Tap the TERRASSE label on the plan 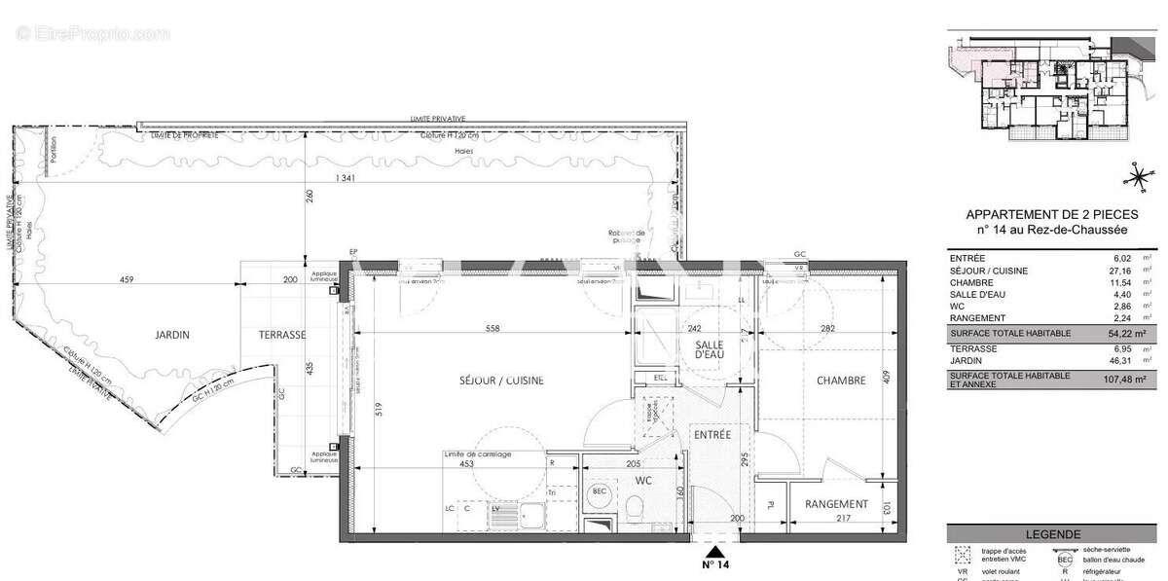click(x=281, y=334)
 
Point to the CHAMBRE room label click(x=841, y=381)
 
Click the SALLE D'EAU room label click(x=713, y=352)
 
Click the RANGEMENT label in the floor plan click(x=836, y=504)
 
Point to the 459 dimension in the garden click(x=121, y=280)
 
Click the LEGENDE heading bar click(x=1052, y=534)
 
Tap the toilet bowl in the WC click(x=635, y=506)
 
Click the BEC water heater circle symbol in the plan click(x=600, y=492)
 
